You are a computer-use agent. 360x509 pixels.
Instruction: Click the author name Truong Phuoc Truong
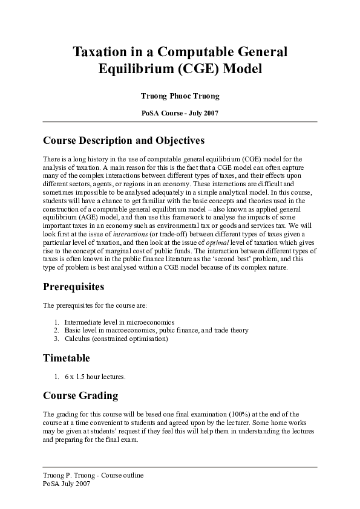tap(180, 96)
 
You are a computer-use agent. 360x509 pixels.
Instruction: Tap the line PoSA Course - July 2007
tap(180, 113)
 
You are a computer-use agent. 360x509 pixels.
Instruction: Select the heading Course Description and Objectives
tap(124, 141)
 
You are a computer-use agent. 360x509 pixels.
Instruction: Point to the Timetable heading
tap(67, 358)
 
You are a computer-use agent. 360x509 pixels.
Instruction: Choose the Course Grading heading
tap(80, 396)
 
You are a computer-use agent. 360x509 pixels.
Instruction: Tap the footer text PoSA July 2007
tap(67, 484)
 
